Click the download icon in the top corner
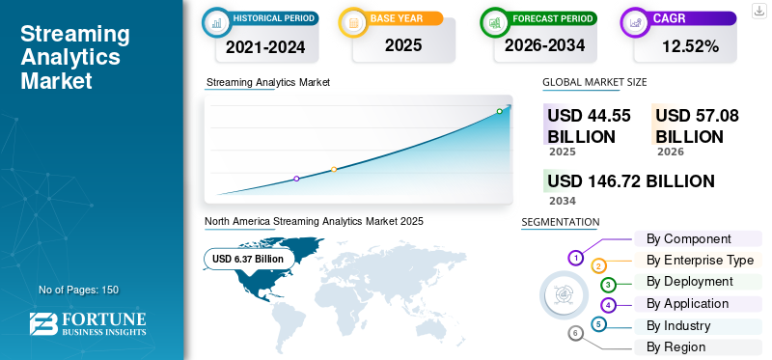[758, 11]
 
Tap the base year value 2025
[403, 45]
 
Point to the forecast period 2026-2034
[544, 45]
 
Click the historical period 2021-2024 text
[265, 46]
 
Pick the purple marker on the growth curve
[296, 179]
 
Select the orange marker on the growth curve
[334, 170]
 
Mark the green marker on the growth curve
[499, 111]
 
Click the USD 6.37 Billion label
[248, 259]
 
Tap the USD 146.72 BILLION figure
[631, 181]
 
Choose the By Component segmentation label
[688, 238]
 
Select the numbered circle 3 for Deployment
[608, 284]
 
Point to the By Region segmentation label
[676, 346]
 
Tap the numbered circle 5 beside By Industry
[598, 324]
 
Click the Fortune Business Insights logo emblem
[43, 324]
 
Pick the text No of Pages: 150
[79, 290]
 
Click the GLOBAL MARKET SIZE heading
[594, 82]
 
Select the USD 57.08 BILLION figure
[697, 125]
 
